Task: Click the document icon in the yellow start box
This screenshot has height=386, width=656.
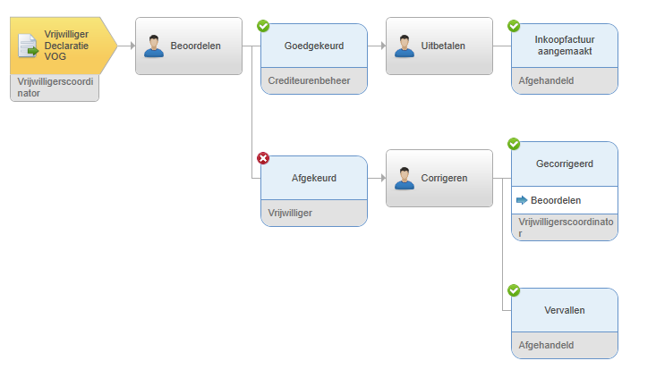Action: pos(28,46)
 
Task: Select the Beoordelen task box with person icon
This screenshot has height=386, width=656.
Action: pos(189,46)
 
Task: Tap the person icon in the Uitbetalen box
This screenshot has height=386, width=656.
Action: pos(405,46)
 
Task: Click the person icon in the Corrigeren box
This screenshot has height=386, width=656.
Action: pos(405,179)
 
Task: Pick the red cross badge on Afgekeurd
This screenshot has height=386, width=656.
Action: pos(263,158)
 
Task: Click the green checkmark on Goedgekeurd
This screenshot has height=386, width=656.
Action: pos(263,26)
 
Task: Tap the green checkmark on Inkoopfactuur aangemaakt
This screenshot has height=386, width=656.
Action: pos(514,26)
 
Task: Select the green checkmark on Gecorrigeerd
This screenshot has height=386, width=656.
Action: pos(514,144)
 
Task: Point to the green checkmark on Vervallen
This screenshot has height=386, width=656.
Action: pos(514,290)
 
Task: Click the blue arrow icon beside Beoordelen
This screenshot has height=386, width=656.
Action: pos(522,200)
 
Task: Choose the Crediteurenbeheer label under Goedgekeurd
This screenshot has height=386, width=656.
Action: pos(309,80)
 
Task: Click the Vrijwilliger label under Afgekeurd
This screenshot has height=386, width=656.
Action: pos(290,213)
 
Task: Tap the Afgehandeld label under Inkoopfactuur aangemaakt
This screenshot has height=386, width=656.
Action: pos(546,80)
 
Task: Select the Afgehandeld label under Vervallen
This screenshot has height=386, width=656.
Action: pos(546,345)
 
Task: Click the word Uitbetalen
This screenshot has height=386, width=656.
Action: pos(443,46)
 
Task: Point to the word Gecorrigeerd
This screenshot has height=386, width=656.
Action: pos(565,164)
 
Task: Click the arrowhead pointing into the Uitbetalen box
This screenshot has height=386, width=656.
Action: pos(383,46)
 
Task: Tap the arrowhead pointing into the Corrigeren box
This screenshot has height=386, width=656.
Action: pos(383,179)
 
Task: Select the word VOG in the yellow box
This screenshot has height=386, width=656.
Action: pos(55,56)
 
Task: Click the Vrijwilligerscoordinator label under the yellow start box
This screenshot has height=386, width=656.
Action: pos(55,88)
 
